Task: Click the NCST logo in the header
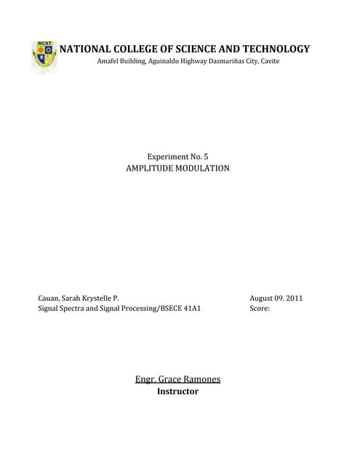pyautogui.click(x=44, y=56)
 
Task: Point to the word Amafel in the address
pyautogui.click(x=111, y=61)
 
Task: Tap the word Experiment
pyautogui.click(x=169, y=156)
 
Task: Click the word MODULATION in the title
pyautogui.click(x=204, y=168)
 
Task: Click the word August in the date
pyautogui.click(x=263, y=298)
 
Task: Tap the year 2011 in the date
pyautogui.click(x=294, y=298)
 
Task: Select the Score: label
pyautogui.click(x=260, y=309)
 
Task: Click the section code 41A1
pyautogui.click(x=189, y=309)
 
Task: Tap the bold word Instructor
pyautogui.click(x=177, y=392)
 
